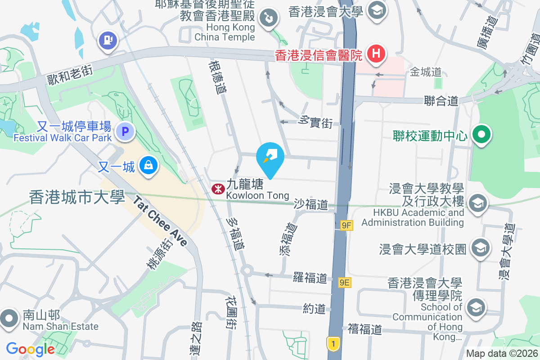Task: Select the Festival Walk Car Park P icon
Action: pos(125,132)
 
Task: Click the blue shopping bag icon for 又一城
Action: pos(148,166)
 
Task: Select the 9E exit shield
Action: pos(344,283)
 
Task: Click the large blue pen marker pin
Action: pos(270,157)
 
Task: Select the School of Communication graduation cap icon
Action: pos(476,308)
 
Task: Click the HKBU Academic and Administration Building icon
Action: pos(478,203)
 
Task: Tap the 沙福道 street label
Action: pos(311,204)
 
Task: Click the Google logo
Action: pos(30,349)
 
